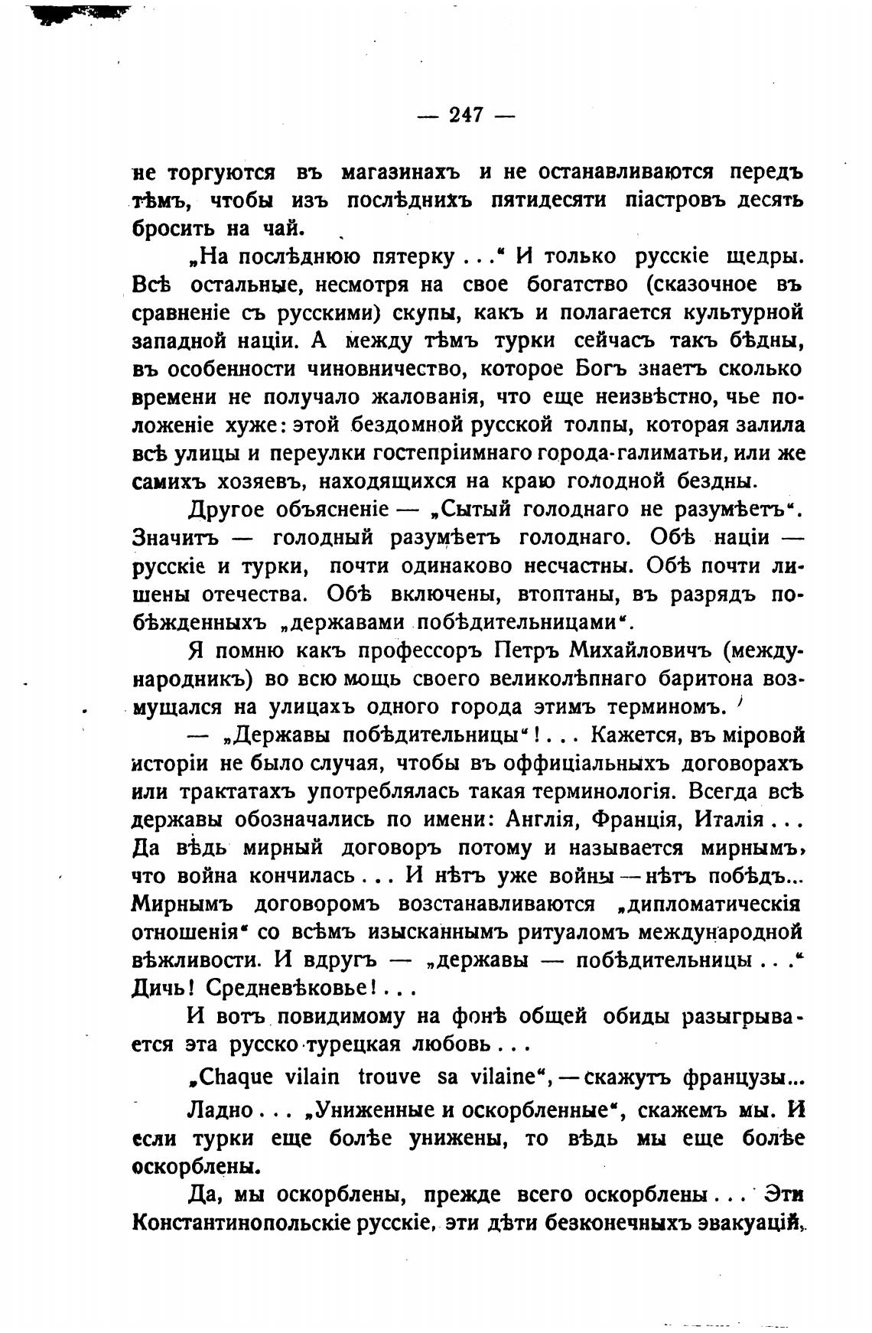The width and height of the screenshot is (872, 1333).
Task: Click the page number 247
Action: [x=466, y=116]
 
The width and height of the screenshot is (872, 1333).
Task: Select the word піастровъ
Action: [x=672, y=201]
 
